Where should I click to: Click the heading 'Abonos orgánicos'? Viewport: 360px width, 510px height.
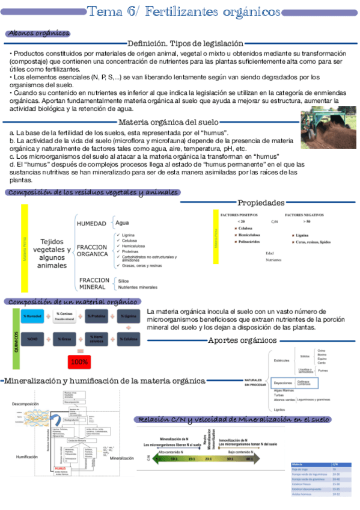tap(38, 34)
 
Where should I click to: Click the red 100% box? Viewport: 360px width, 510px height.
tap(79, 362)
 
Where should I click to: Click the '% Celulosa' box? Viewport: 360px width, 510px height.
tap(128, 339)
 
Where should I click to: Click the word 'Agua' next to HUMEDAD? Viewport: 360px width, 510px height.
tap(122, 223)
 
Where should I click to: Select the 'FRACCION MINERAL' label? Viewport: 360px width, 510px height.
tap(94, 283)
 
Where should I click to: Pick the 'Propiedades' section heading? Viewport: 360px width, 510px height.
tap(261, 203)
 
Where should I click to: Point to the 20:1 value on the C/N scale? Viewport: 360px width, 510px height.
tap(208, 458)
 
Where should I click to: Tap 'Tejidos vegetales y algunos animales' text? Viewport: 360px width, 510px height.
tap(52, 254)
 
